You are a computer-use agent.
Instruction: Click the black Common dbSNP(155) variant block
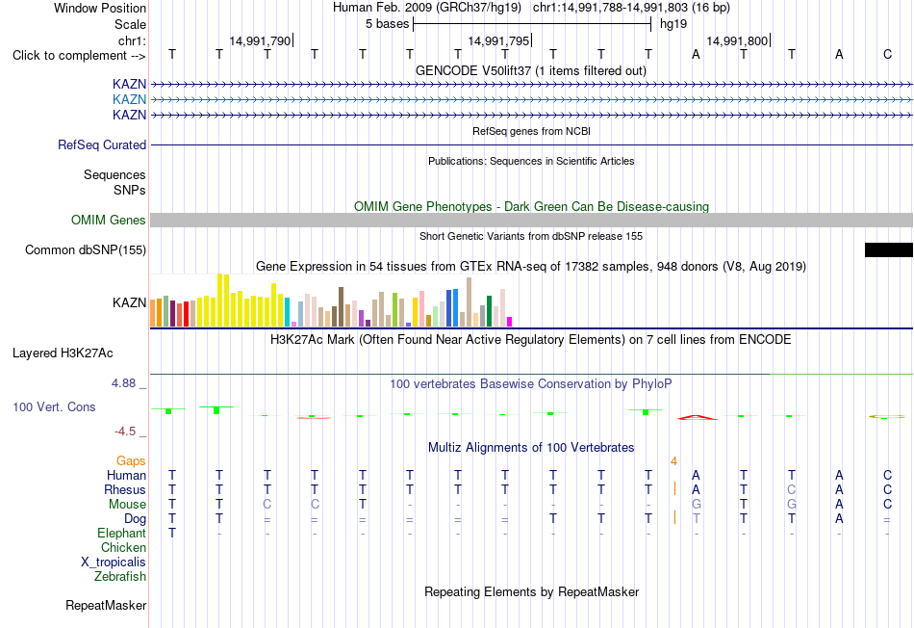coord(889,249)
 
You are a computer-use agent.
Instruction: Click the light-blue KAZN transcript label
coord(130,99)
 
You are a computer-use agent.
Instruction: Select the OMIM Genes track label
coord(109,220)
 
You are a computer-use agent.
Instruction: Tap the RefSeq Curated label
coord(102,144)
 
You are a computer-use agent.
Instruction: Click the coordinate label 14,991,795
coord(498,40)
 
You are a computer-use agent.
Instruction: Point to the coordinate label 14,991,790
coord(260,40)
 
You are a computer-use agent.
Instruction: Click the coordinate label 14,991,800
coord(737,40)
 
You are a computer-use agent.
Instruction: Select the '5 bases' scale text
coord(387,24)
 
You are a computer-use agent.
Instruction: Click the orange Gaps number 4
coord(673,461)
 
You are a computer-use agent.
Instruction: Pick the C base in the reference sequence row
coord(887,54)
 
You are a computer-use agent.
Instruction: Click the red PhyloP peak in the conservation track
coord(698,417)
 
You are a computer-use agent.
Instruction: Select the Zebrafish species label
coord(120,577)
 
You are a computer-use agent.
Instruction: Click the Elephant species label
coord(122,534)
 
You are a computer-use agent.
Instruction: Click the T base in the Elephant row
coord(172,533)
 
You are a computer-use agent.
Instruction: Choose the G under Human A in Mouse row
coord(696,505)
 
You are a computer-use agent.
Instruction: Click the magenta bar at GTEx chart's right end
coord(510,322)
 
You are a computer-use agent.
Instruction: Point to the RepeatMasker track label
coord(106,605)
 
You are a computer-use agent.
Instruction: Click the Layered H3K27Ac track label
coord(63,353)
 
